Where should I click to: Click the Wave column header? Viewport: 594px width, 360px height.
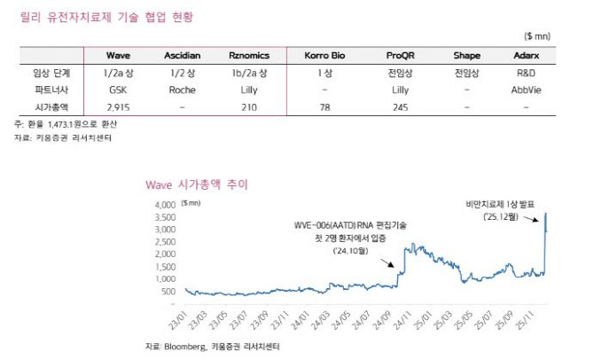pyautogui.click(x=118, y=55)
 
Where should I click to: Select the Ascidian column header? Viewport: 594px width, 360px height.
pyautogui.click(x=182, y=55)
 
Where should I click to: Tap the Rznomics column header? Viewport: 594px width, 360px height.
pyautogui.click(x=249, y=55)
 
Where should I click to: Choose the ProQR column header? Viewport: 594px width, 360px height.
pyautogui.click(x=400, y=55)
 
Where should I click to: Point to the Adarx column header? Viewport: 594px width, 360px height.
pyautogui.click(x=525, y=55)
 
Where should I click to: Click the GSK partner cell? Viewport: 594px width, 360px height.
pyautogui.click(x=118, y=90)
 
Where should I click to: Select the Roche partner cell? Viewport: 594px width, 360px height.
pyautogui.click(x=182, y=90)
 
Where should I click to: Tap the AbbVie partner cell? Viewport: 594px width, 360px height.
pyautogui.click(x=525, y=90)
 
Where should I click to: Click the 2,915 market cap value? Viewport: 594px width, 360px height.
pyautogui.click(x=118, y=106)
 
